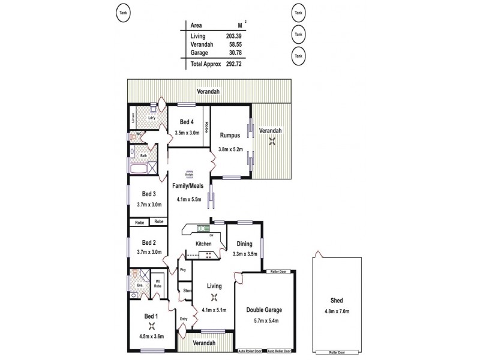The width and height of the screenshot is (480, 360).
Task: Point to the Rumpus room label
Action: coord(230,135)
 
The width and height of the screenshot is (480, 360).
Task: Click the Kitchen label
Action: coord(204,244)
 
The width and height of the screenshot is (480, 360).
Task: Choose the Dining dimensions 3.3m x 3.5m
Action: coord(245,254)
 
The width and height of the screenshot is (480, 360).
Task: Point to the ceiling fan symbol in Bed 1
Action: coord(151,327)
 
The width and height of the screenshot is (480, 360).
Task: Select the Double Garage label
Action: coord(265,310)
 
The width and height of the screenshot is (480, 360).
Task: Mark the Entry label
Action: coord(184,319)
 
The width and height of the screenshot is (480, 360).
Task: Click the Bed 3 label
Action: coord(149,194)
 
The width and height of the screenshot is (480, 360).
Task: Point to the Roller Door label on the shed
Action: coord(338,352)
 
